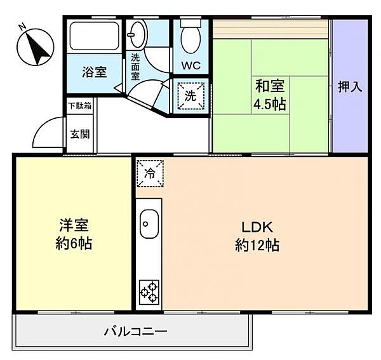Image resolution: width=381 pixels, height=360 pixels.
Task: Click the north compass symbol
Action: tap(36, 47)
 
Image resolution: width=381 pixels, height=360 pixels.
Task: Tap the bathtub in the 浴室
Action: tap(94, 36)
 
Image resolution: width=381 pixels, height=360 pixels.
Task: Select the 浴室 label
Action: tap(94, 72)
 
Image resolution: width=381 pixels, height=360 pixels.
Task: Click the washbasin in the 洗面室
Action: tap(137, 34)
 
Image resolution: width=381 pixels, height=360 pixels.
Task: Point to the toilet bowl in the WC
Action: tap(190, 39)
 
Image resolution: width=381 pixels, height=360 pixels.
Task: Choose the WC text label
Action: tap(191, 65)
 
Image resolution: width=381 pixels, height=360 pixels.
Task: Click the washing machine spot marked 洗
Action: tap(190, 95)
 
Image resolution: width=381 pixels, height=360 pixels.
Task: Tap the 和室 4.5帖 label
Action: tap(270, 95)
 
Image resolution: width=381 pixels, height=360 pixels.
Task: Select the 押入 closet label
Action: tap(350, 87)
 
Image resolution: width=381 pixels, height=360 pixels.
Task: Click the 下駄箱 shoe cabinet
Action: tap(80, 106)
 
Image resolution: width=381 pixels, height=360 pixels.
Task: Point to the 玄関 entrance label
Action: tap(80, 134)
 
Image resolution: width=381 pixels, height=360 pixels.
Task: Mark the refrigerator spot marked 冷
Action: tap(150, 173)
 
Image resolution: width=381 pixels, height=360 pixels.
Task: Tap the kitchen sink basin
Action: tap(149, 223)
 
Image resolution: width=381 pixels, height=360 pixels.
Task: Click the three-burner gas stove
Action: tap(149, 292)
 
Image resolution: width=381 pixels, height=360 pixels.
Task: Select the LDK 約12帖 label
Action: tap(257, 236)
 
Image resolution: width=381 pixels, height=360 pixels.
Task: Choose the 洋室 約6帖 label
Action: tap(74, 234)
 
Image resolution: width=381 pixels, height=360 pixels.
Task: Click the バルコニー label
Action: tap(136, 331)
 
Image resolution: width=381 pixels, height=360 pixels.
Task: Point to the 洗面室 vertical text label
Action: tap(135, 67)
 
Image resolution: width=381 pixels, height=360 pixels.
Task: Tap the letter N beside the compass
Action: tap(22, 26)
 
